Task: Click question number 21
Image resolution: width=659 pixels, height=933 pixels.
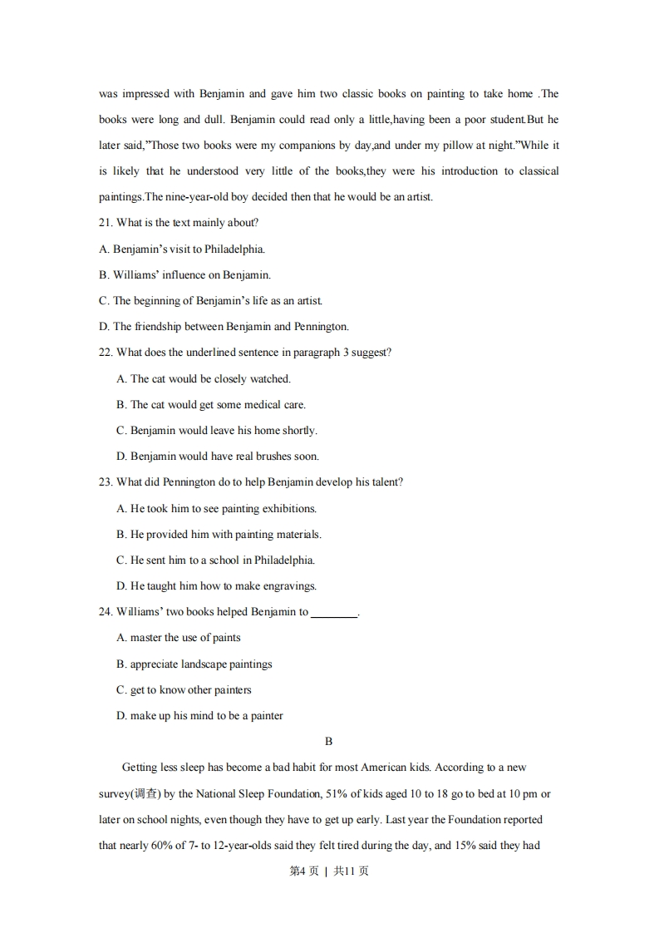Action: [106, 223]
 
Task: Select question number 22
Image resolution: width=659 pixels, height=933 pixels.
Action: [106, 353]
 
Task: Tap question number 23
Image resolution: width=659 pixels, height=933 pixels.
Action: [106, 482]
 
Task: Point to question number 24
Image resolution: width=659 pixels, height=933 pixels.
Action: [106, 612]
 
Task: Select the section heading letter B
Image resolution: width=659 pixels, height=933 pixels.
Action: [329, 741]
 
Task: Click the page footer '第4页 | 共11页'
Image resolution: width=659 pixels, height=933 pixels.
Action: [329, 871]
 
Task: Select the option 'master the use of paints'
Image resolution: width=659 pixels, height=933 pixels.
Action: [185, 638]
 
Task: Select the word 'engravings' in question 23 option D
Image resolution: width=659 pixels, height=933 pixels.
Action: [290, 586]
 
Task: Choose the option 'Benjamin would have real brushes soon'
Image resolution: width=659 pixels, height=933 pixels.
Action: [224, 457]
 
